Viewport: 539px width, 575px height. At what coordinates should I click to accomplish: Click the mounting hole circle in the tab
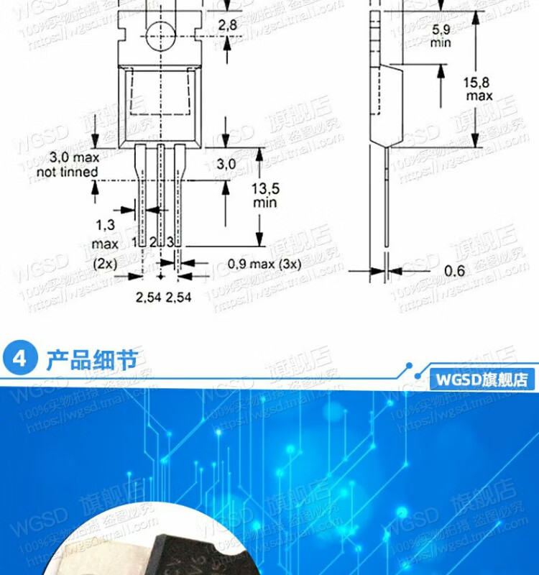[160, 34]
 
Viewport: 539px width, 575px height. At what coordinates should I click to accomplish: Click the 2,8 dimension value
[228, 25]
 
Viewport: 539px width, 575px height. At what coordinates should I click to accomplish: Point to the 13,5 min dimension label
[264, 195]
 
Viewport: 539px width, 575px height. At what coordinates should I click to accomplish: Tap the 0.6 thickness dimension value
[454, 271]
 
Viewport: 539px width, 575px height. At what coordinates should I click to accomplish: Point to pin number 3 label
[170, 242]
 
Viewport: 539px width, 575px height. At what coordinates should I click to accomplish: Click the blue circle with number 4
[19, 359]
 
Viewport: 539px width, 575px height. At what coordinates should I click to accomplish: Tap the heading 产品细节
[91, 359]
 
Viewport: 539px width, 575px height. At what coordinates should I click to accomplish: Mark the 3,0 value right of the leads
[226, 164]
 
